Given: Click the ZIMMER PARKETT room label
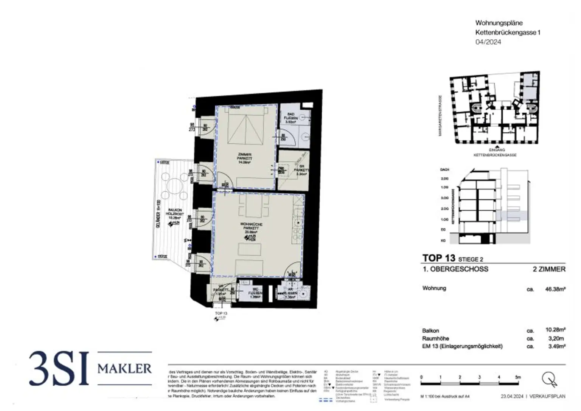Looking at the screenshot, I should coord(244,158).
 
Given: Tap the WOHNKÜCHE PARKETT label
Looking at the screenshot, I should coord(251,227).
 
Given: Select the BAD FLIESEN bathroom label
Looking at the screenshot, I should coord(291,118).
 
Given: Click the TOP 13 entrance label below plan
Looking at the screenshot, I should coord(221,313).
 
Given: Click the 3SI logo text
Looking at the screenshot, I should coord(59,369).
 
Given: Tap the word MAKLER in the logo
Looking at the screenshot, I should coord(124,368).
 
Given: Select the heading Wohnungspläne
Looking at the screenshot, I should coord(499,23).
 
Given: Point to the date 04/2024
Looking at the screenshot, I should coord(488,42).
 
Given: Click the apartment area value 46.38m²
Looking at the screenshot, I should coord(555,289).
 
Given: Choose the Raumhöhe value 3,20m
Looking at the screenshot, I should coord(556,338).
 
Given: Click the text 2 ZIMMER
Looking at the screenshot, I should coord(549,269).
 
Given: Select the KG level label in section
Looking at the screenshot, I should coord(443,240).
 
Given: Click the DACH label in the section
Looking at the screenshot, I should coord(444,170).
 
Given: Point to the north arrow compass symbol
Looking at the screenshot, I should coord(549,379).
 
